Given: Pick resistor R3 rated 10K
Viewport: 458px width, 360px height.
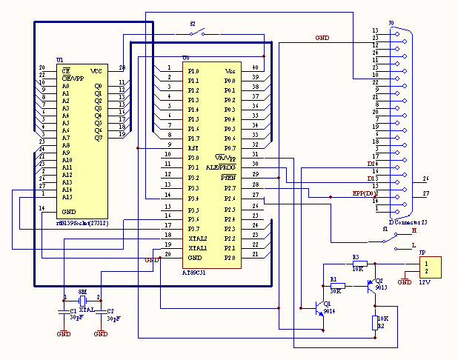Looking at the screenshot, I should (x=361, y=263).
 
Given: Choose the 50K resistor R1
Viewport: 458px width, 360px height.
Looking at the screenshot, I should (x=339, y=285).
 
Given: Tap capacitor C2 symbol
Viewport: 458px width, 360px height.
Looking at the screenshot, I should (x=100, y=310).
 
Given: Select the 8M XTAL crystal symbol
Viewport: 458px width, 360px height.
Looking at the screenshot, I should (x=84, y=300).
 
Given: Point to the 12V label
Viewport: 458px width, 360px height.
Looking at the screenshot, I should (x=425, y=283).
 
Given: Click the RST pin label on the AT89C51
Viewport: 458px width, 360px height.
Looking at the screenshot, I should (x=193, y=148).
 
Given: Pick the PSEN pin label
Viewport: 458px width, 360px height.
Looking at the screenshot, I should (x=228, y=178).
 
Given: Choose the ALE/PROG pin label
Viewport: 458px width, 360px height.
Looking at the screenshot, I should (x=221, y=167).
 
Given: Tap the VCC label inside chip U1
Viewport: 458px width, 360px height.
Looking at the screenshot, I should (x=96, y=71).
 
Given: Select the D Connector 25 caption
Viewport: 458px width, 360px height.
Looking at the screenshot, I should (x=409, y=221).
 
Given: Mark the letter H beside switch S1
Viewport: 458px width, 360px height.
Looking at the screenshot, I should (x=414, y=231).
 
